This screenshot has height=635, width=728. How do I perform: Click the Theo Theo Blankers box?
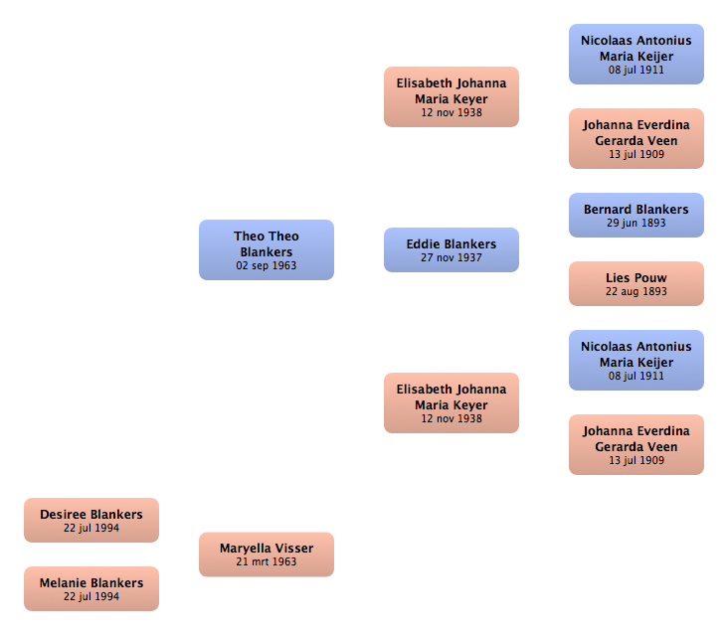pyautogui.click(x=267, y=250)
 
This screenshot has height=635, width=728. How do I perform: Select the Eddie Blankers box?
pyautogui.click(x=452, y=250)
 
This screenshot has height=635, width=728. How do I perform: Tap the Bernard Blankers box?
pyautogui.click(x=637, y=216)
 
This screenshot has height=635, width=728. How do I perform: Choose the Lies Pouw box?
pyautogui.click(x=637, y=284)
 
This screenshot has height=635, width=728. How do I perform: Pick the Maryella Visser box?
pyautogui.click(x=267, y=555)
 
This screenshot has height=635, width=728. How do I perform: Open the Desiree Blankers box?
pyautogui.click(x=91, y=520)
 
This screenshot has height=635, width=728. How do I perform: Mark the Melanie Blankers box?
pyautogui.click(x=91, y=588)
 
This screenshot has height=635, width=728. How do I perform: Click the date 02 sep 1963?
pyautogui.click(x=266, y=265)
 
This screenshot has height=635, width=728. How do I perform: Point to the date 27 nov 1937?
pyautogui.click(x=452, y=258)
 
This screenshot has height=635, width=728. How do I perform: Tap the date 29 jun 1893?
pyautogui.click(x=637, y=224)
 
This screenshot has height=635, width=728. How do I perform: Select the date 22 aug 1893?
pyautogui.click(x=637, y=292)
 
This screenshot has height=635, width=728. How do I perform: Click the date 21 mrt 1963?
pyautogui.click(x=266, y=561)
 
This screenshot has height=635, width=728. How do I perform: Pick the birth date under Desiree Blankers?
pyautogui.click(x=91, y=528)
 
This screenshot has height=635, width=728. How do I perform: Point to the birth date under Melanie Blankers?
pyautogui.click(x=91, y=596)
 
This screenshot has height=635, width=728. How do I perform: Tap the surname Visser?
pyautogui.click(x=293, y=549)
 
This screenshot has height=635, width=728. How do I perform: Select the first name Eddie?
pyautogui.click(x=422, y=244)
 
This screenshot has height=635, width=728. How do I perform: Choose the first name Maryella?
pyautogui.click(x=245, y=549)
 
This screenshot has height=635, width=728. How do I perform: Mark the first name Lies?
pyautogui.click(x=618, y=278)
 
